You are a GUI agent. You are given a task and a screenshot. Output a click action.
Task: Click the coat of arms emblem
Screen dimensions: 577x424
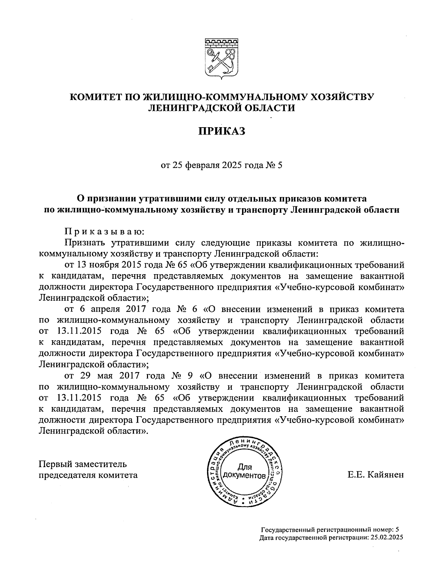click(x=221, y=58)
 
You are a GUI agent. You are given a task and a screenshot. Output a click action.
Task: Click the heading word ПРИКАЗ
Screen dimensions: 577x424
click(x=221, y=132)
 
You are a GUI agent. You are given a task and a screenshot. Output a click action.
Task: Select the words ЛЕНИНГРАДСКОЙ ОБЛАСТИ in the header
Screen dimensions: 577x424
click(x=221, y=108)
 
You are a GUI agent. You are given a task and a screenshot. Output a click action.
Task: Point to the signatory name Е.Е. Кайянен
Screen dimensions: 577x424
click(x=375, y=475)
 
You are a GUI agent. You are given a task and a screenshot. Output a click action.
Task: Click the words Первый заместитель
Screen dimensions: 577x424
click(x=82, y=464)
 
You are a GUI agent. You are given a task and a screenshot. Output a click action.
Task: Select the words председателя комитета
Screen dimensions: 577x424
click(x=88, y=475)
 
